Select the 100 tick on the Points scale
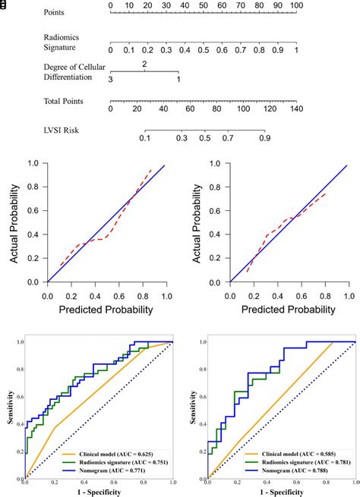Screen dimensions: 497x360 pyautogui.click(x=295, y=6)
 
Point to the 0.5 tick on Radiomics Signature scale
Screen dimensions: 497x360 pyautogui.click(x=204, y=50)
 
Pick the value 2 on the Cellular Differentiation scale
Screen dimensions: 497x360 pyautogui.click(x=144, y=64)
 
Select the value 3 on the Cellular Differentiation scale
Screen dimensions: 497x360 pyautogui.click(x=111, y=80)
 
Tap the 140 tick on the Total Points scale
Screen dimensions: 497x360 pyautogui.click(x=295, y=109)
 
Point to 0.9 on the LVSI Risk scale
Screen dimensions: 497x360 pyautogui.click(x=264, y=139)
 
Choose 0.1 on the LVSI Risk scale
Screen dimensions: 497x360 pyautogui.click(x=144, y=139)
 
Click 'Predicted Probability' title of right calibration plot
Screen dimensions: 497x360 pyautogui.click(x=289, y=310)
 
